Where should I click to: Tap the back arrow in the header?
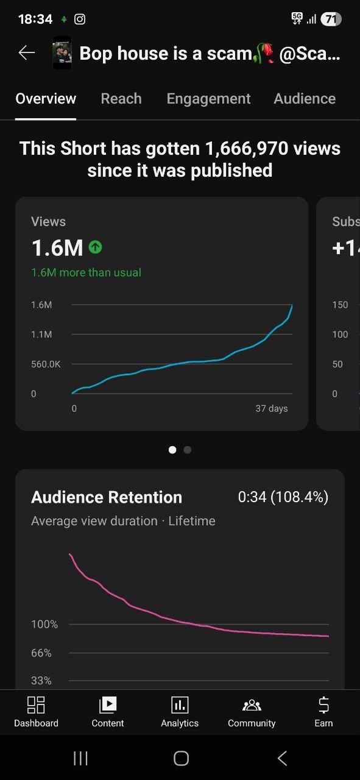[27, 53]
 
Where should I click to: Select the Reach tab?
[121, 99]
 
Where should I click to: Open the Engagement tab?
[208, 99]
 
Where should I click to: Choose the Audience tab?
[305, 99]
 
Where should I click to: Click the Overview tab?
[46, 99]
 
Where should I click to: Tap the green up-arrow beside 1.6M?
[95, 247]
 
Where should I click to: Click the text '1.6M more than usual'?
[86, 272]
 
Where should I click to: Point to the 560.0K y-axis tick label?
[46, 364]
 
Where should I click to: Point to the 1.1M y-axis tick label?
[41, 335]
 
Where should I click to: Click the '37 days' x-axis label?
[272, 408]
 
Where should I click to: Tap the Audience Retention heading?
[107, 497]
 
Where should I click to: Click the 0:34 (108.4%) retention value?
[283, 497]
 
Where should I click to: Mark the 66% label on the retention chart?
[41, 653]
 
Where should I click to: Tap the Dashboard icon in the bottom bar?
[36, 705]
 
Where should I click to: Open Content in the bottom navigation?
[108, 705]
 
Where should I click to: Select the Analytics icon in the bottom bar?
[180, 705]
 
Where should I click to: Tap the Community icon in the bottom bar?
[252, 705]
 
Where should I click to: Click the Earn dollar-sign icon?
[323, 705]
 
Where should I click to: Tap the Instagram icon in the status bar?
[80, 19]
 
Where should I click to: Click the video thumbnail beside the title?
[62, 53]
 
